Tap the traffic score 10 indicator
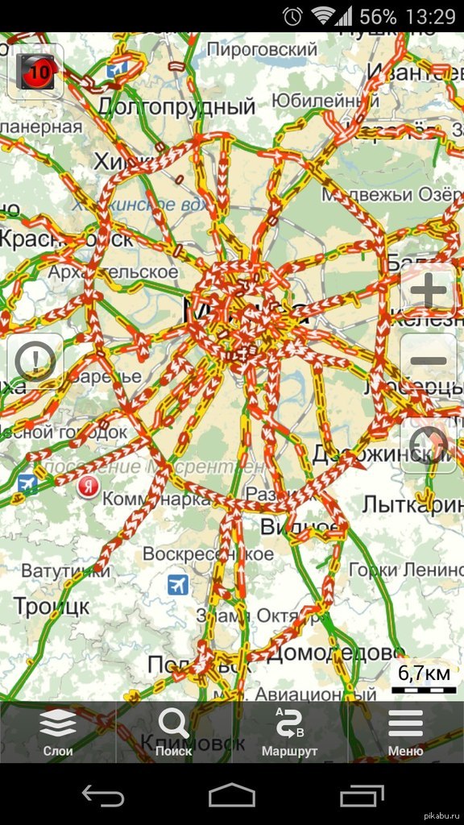coord(35,73)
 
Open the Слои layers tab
coord(58,732)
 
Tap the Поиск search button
coord(174,732)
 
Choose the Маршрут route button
coord(289,732)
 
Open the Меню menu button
coord(405,732)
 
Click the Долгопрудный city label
coord(176,106)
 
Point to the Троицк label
coord(52,607)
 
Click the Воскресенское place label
coord(208,554)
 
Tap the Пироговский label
coord(263,49)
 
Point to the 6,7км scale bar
coord(423,680)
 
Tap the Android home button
coord(232,796)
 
